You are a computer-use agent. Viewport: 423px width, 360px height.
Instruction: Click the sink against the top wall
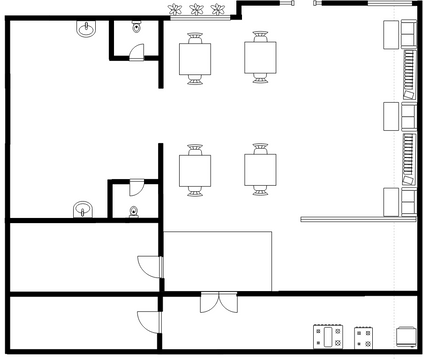point(86,31)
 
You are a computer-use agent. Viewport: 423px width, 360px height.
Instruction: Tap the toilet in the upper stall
point(136,30)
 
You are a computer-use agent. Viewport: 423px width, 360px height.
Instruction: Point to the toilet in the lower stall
point(134,211)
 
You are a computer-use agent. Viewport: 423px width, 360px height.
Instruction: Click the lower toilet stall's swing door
point(139,187)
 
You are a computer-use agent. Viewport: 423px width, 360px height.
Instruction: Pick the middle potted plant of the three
point(196,11)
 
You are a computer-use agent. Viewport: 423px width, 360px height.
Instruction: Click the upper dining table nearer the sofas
point(262,59)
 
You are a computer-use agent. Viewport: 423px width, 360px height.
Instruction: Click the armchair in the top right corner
point(391,34)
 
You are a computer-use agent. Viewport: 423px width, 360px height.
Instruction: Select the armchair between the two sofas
point(391,117)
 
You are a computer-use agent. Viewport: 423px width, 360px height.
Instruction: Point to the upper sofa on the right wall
point(409,74)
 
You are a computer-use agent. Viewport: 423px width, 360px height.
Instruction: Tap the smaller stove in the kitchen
point(363,337)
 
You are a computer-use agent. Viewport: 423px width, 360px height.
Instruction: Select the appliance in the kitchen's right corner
point(404,337)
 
